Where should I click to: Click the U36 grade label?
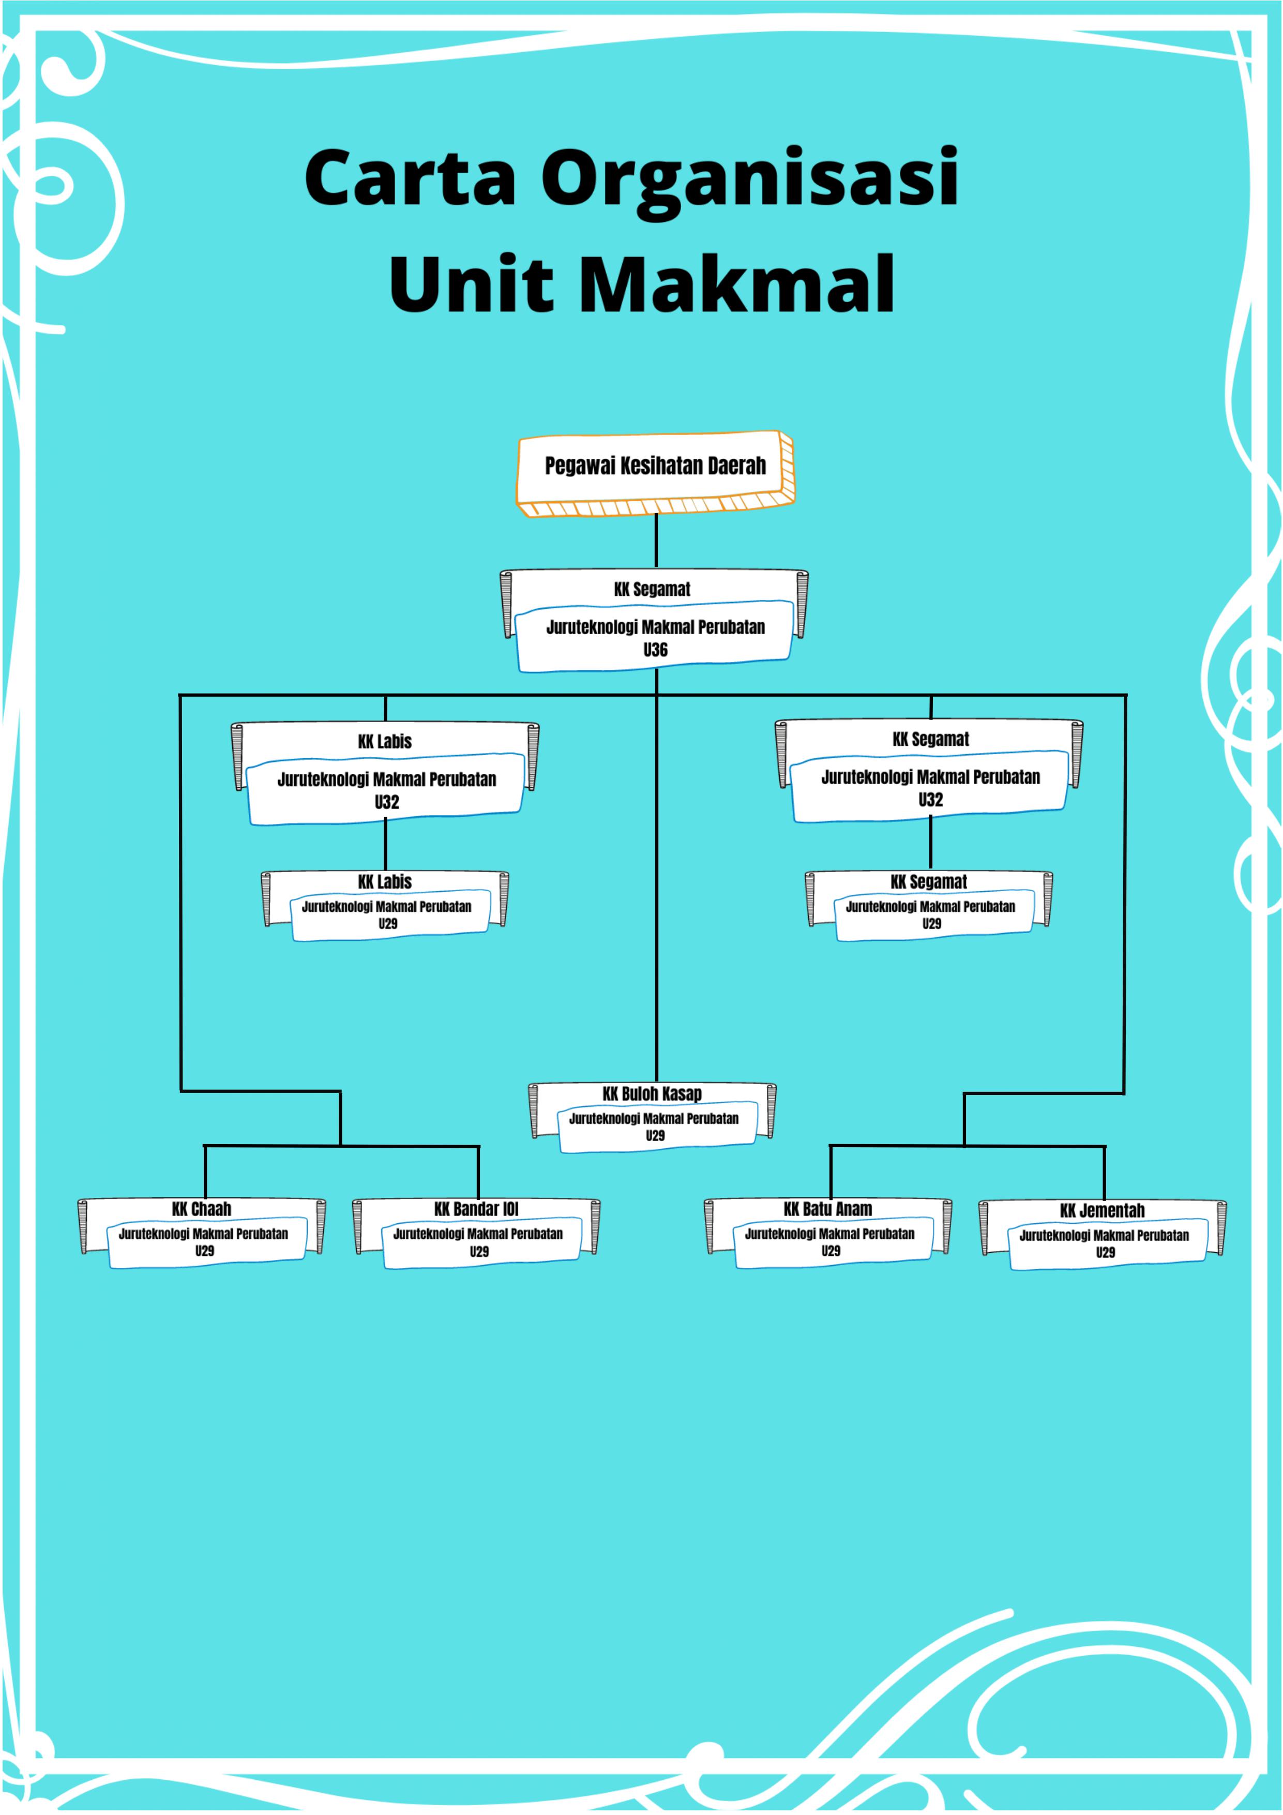(x=655, y=650)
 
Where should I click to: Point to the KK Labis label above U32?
(x=385, y=742)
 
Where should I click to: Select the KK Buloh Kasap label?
(x=652, y=1093)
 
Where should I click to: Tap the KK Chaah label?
(x=202, y=1209)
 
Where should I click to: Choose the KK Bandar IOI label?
(x=476, y=1209)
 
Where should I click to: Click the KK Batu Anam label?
(x=827, y=1209)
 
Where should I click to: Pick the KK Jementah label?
(x=1102, y=1210)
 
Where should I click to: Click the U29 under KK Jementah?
(x=1105, y=1252)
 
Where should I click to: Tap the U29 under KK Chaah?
(x=205, y=1251)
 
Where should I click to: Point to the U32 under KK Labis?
(x=387, y=802)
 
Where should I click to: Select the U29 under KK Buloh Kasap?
(x=655, y=1135)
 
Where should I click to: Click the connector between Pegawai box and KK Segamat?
(x=656, y=542)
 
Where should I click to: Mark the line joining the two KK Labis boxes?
(x=386, y=844)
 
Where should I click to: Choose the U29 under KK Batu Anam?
(x=831, y=1251)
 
